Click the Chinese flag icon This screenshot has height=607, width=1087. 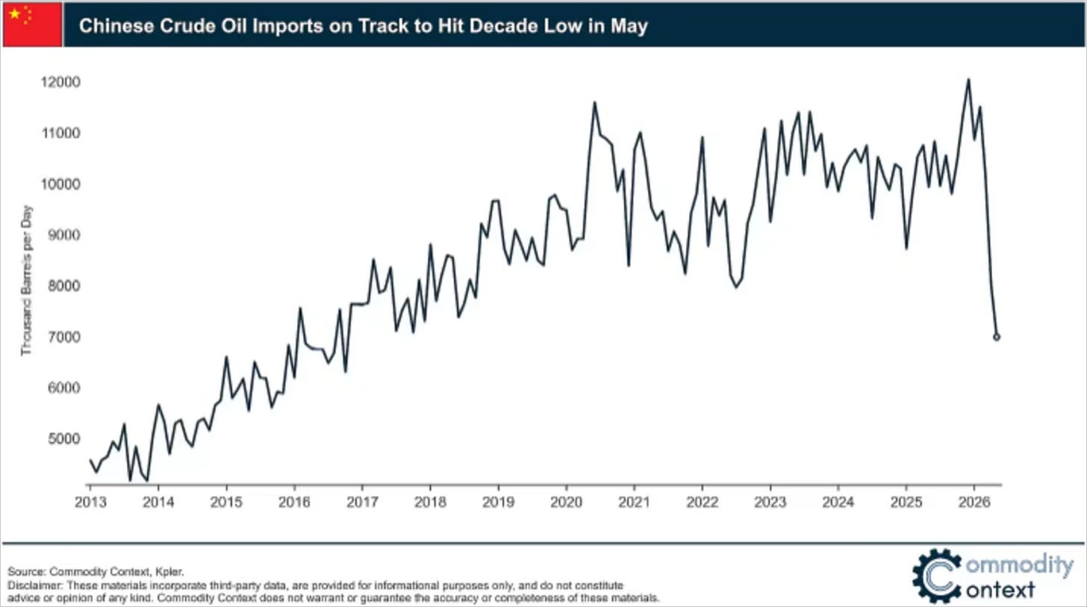pos(33,24)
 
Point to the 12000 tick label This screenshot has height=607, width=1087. pos(60,82)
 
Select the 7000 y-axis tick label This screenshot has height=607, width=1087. pos(64,337)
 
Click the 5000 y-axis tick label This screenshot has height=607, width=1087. pos(64,438)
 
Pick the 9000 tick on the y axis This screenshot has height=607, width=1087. pos(64,235)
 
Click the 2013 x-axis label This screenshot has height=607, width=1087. pos(90,502)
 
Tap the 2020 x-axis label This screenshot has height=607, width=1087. pos(567,502)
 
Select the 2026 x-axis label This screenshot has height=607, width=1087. pos(974,502)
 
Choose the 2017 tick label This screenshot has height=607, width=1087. pos(363,502)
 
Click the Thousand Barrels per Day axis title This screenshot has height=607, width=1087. pos(27,281)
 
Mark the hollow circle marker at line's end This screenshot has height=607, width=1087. pos(996,337)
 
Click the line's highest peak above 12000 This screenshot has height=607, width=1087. pos(968,80)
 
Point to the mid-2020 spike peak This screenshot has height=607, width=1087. pos(594,103)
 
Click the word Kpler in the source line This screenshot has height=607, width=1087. pos(169,572)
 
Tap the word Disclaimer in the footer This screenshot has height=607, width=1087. pos(35,585)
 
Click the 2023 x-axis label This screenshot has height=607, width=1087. pos(770,502)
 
